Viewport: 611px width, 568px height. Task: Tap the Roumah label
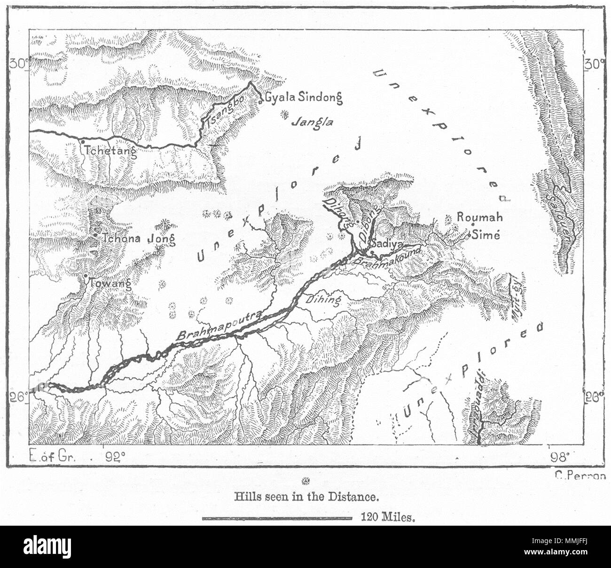click(480, 218)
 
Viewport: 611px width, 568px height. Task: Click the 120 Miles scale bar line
click(277, 519)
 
